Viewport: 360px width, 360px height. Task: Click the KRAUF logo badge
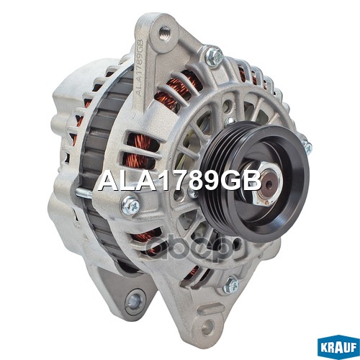click(338, 348)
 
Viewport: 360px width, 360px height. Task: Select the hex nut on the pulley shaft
click(267, 184)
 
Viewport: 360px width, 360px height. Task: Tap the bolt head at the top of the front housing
click(215, 57)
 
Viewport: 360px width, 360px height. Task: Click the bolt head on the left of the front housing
click(130, 205)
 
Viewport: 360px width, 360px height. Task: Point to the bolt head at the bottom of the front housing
click(231, 285)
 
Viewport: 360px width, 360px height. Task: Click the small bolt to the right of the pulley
click(307, 146)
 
